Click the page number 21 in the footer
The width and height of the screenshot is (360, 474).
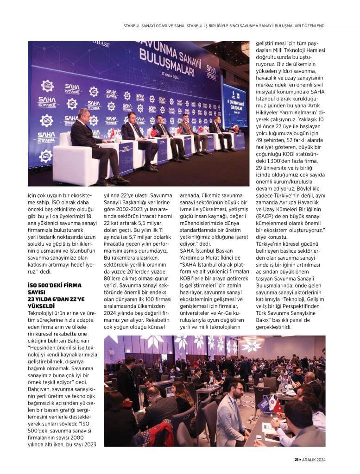click(x=296, y=460)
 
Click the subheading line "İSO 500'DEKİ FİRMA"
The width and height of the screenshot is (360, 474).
click(x=54, y=286)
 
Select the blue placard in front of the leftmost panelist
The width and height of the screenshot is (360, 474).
click(x=126, y=159)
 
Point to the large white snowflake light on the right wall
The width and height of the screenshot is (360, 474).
click(x=251, y=345)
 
